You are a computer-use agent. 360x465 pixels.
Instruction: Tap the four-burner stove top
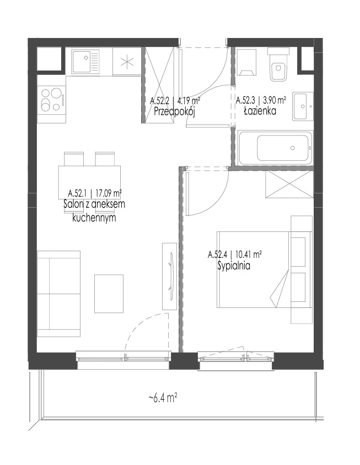point(51,100)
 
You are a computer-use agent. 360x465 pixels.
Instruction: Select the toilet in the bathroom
point(278,65)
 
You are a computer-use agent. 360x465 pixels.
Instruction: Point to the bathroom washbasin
point(303,106)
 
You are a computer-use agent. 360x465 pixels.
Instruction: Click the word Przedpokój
point(174,112)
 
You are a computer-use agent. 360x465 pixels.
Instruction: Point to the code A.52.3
point(246,100)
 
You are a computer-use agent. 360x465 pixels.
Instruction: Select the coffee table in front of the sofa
point(109,294)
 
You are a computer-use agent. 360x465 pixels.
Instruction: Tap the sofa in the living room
point(59,294)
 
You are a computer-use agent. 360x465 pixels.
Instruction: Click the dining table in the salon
point(90,182)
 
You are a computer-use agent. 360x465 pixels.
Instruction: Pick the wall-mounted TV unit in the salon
point(169,277)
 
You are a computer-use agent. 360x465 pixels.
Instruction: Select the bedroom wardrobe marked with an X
point(289,184)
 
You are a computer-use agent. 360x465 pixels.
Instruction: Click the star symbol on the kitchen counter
point(127,62)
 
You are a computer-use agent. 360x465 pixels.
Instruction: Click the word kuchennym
point(94,218)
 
